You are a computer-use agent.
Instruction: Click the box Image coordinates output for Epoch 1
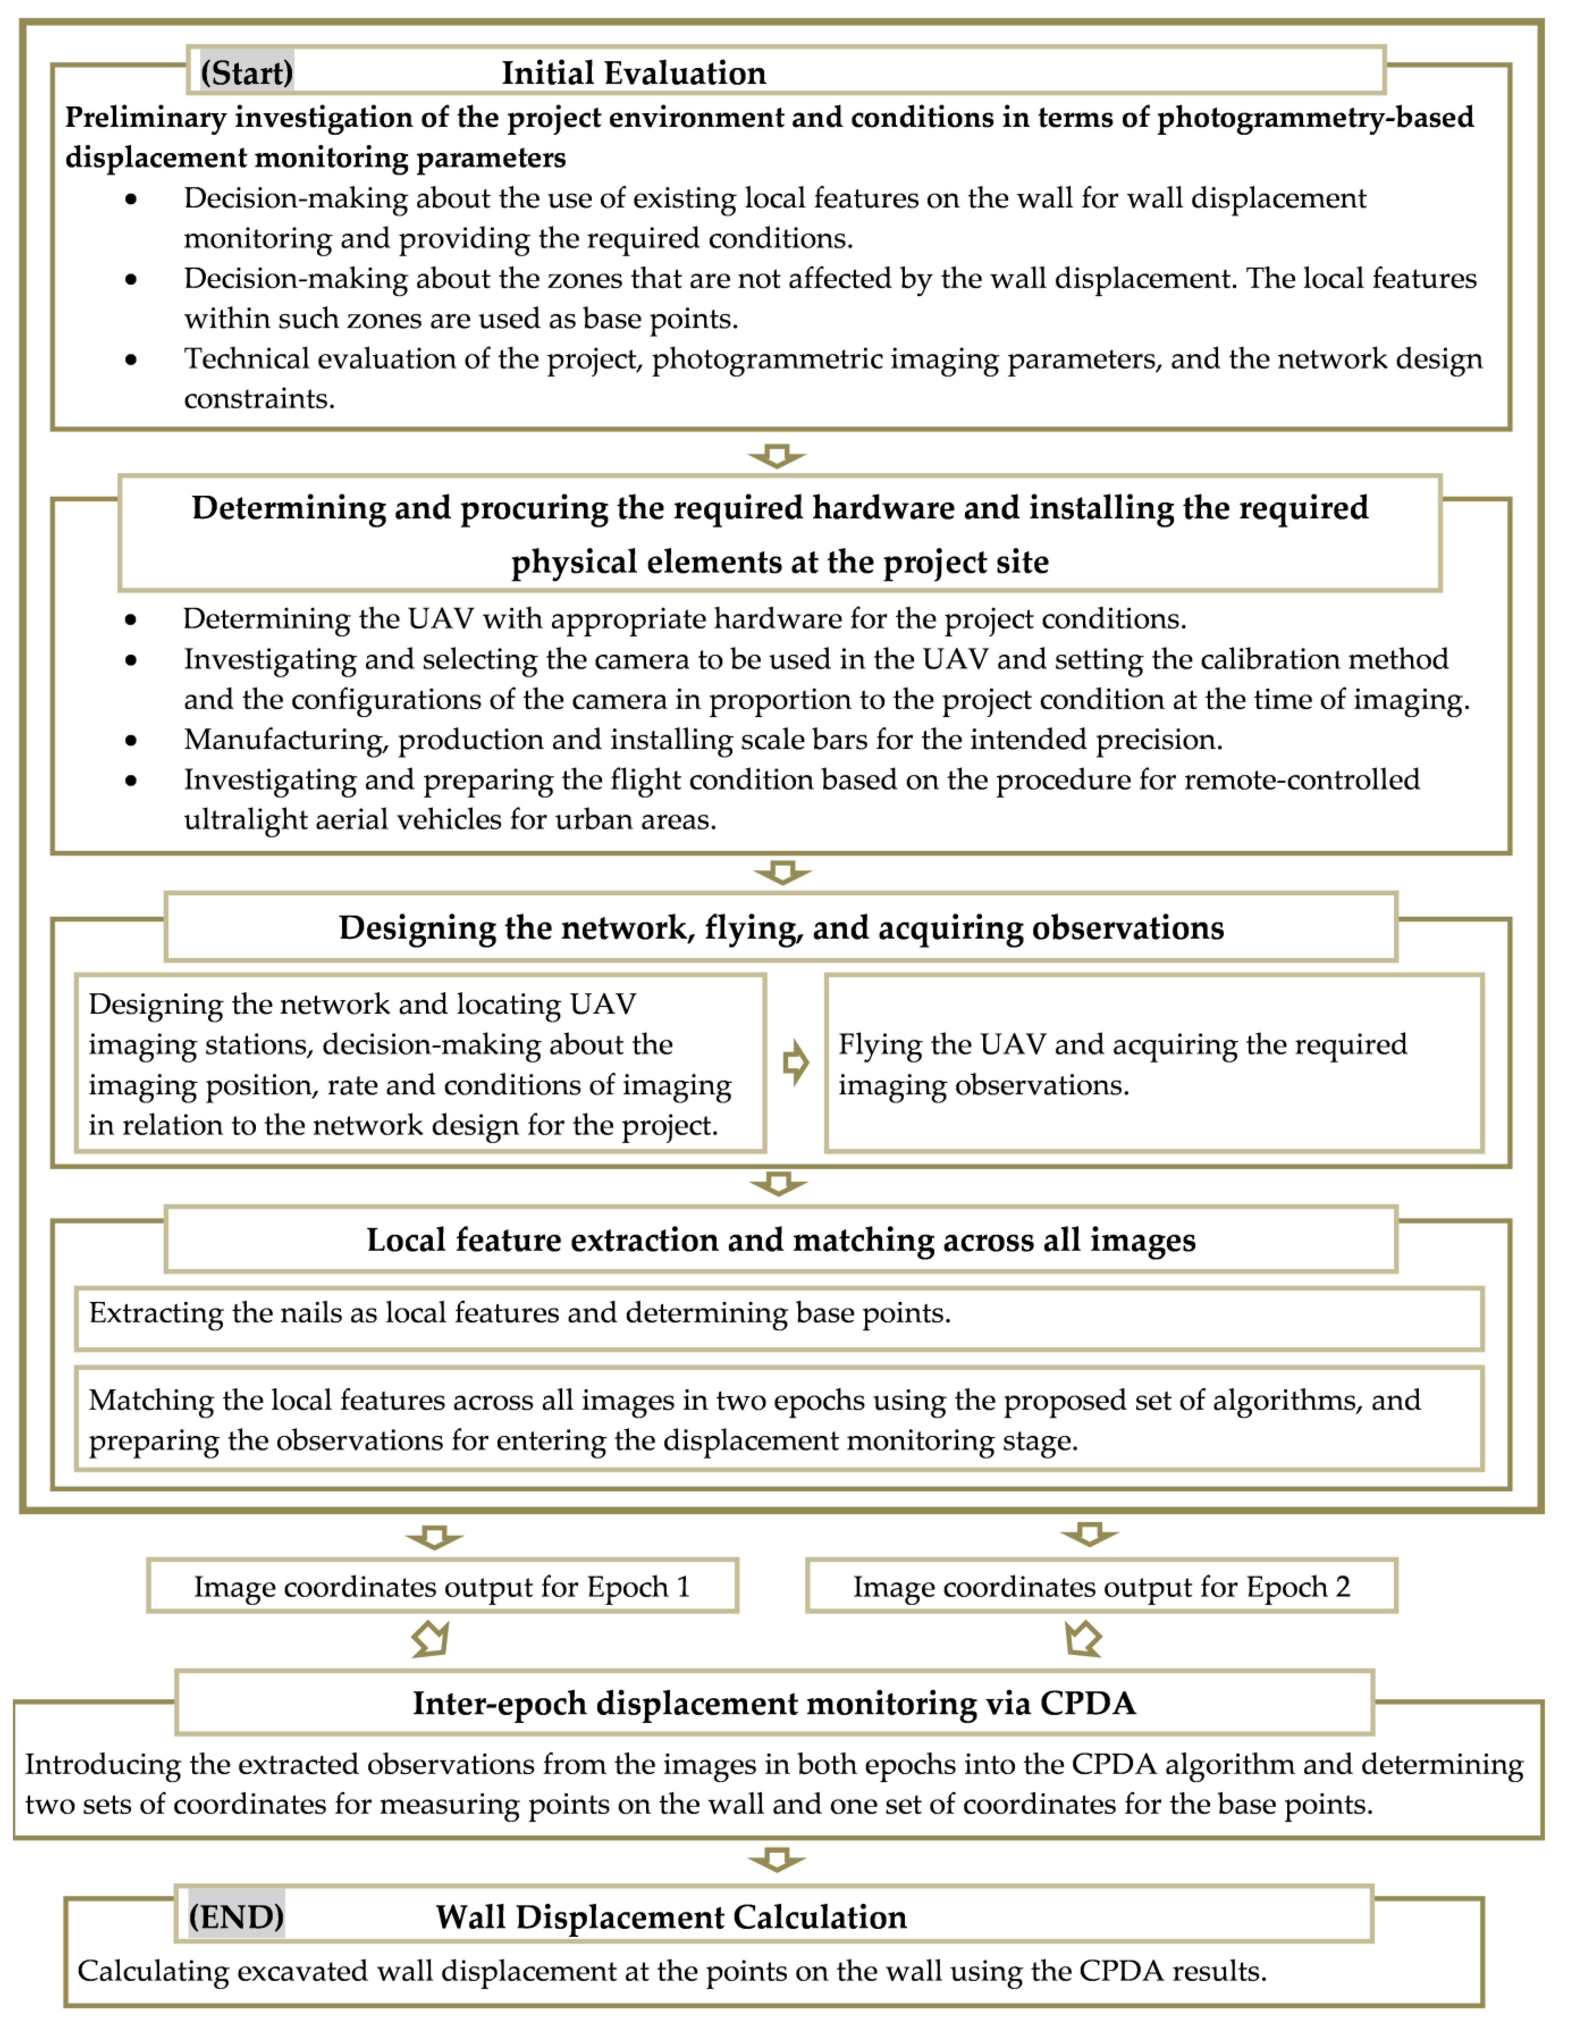tap(442, 1586)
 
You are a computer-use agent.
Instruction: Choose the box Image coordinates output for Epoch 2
tap(1101, 1586)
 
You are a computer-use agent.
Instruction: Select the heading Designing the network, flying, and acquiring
tap(781, 927)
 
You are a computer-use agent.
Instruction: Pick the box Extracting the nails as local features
tap(778, 1317)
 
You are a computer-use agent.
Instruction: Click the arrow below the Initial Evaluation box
tap(777, 455)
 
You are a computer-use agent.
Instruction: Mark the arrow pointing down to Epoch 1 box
tap(434, 1537)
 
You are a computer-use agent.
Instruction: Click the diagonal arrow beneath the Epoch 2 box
tap(1083, 1638)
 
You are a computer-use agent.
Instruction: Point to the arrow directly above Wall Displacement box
tap(777, 1859)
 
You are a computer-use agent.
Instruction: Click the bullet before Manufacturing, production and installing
tap(131, 740)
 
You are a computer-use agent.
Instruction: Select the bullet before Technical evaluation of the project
tap(131, 359)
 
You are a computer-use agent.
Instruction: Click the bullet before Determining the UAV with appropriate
tap(131, 619)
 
